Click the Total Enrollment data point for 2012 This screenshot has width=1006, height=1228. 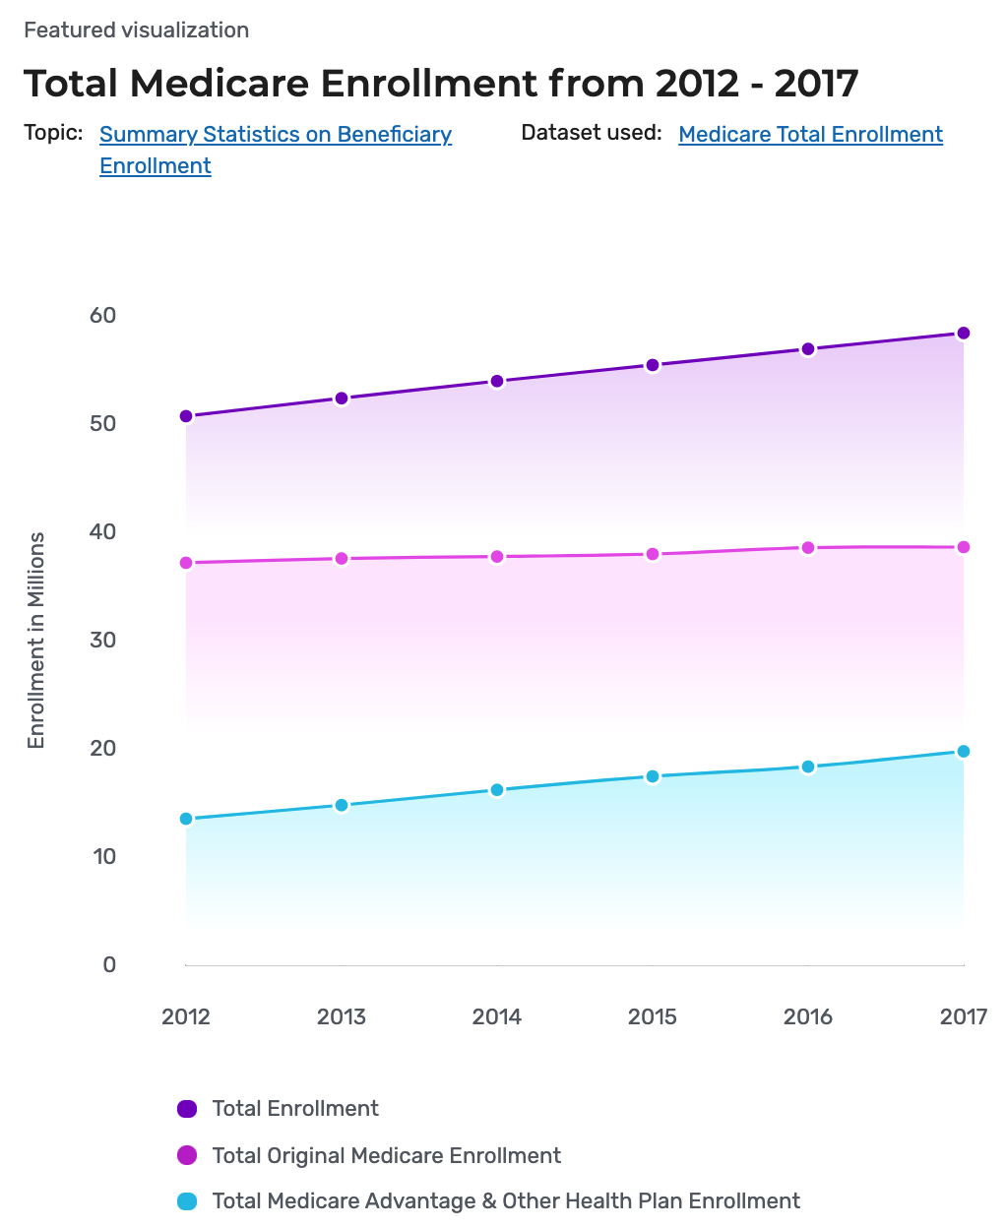point(186,416)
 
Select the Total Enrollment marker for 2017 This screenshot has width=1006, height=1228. point(964,334)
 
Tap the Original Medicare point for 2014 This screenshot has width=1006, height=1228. point(497,557)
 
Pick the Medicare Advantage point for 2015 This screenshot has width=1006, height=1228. point(653,776)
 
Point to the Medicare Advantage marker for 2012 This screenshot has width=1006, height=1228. point(186,819)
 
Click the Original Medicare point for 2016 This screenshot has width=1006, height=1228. point(808,548)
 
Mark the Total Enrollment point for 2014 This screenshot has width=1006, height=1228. point(497,382)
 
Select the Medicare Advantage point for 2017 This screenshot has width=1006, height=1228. point(964,752)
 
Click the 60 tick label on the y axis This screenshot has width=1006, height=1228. point(102,316)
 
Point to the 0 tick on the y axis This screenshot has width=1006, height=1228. point(109,965)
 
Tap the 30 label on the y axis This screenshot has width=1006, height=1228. point(102,641)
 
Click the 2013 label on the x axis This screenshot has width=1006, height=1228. point(342,1017)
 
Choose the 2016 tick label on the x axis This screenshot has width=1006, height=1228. point(808,1017)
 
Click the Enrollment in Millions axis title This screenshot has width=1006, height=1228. point(36,641)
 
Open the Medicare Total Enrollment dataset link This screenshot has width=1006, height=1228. point(810,135)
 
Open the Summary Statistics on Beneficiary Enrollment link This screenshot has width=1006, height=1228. point(276,135)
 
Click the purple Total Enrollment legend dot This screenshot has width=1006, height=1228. point(187,1109)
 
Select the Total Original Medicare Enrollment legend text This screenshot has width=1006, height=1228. point(386,1156)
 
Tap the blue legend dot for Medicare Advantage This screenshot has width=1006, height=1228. point(187,1201)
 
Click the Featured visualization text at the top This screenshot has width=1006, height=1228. point(137,31)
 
